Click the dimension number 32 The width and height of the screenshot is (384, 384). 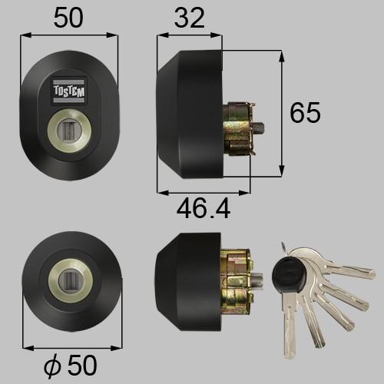tap(189, 18)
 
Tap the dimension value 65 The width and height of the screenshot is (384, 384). tap(306, 113)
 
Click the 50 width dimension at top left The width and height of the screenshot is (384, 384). tap(69, 18)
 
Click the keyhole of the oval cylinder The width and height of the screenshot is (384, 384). tap(68, 127)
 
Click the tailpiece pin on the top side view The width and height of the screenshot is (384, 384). tap(261, 127)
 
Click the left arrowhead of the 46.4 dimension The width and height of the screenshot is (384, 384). tap(160, 192)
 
